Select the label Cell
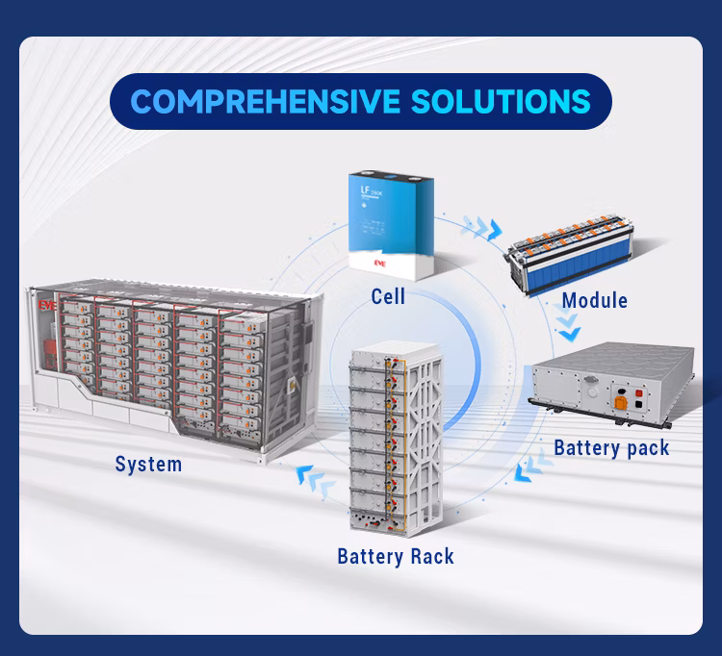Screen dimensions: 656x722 point(387,297)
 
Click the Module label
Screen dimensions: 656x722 point(594,300)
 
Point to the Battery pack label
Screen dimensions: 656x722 point(611,448)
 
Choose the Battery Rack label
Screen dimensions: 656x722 point(395,556)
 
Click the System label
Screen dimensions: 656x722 point(148,465)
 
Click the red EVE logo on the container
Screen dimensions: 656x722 point(44,302)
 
